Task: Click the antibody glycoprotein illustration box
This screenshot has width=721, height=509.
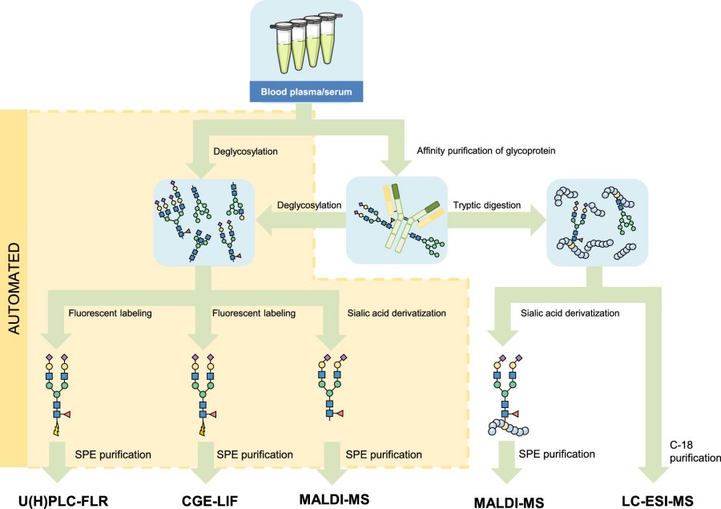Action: (x=395, y=220)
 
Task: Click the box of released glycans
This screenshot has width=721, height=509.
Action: (x=203, y=223)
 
